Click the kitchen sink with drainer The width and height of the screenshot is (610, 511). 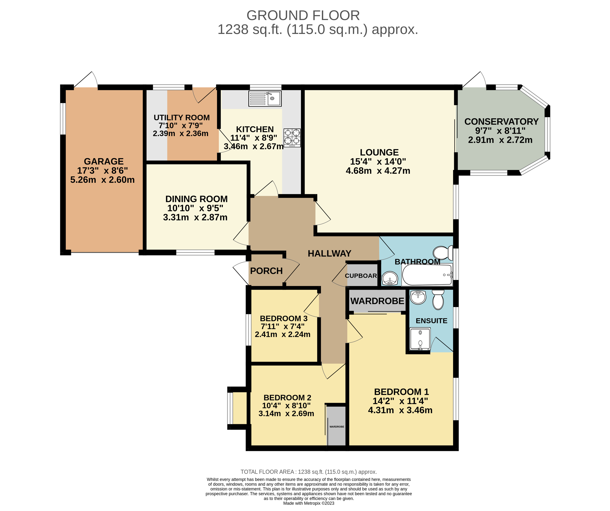265,98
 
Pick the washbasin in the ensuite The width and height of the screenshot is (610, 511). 418,298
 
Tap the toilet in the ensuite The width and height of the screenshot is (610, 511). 438,300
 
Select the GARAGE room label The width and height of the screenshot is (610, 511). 104,161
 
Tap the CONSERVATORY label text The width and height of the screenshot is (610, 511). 501,121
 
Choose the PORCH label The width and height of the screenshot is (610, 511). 266,271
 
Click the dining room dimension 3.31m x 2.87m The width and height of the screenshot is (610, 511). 195,217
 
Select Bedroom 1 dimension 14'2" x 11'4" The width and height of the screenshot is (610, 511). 400,401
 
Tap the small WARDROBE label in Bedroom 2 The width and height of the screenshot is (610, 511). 337,427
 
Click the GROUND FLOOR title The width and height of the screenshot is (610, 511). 303,15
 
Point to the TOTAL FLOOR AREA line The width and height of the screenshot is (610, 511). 309,472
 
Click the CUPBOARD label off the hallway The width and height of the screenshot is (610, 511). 361,276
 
